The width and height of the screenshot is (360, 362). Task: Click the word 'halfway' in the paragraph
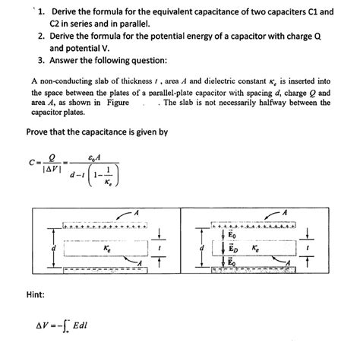270,102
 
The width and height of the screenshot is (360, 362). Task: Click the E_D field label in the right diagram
235,249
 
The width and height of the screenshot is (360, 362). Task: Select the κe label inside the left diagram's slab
106,248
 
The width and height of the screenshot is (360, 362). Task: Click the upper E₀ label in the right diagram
235,236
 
